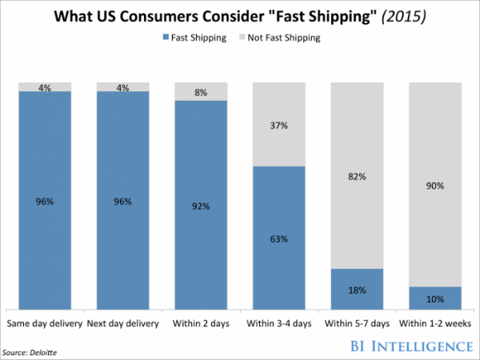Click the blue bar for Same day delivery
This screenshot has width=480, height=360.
point(44,200)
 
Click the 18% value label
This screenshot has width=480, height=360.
point(358,289)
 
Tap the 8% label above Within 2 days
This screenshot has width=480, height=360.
point(201,93)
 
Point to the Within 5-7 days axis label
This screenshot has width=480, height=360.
point(358,323)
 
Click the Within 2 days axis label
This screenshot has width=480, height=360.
point(201,323)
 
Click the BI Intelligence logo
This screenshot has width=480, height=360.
point(410,346)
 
